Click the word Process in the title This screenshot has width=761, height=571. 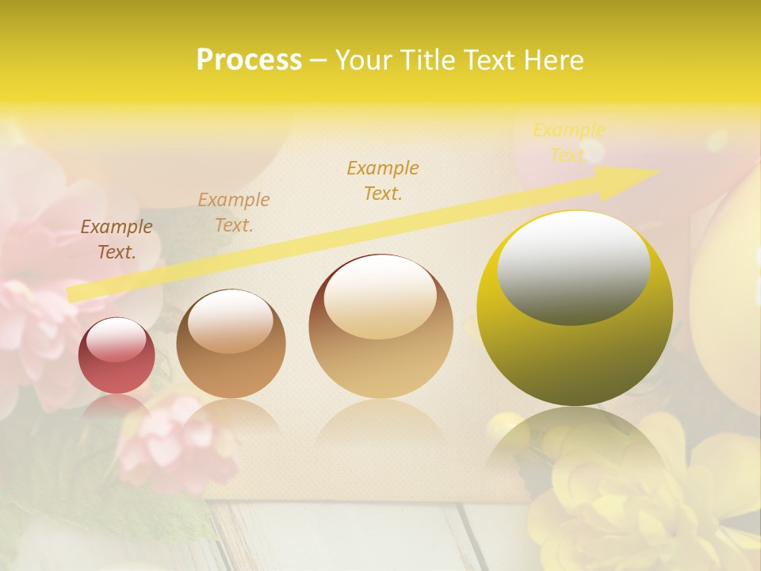point(249,60)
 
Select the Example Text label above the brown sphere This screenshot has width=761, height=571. point(233,213)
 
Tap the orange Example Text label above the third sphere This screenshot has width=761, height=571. point(383,180)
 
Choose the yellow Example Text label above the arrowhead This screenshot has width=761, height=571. point(568,143)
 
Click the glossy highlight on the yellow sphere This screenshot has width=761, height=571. point(574,268)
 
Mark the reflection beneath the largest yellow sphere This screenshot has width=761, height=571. point(574,444)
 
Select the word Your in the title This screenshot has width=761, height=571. point(362,60)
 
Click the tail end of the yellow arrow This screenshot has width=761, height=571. point(71,294)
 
